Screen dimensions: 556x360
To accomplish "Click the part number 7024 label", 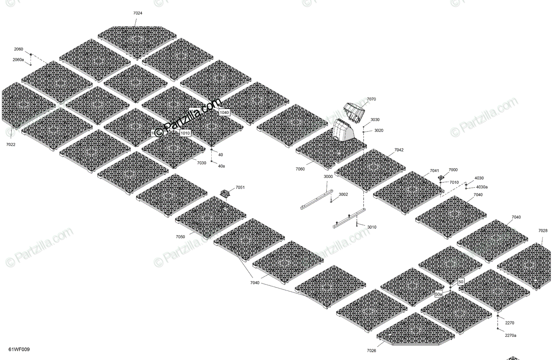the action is (138, 13).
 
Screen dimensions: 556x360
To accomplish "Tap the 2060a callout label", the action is (18, 60).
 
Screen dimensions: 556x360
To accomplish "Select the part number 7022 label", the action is (11, 145).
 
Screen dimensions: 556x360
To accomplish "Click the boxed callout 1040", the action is (224, 113).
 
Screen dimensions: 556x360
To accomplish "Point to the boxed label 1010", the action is (185, 133).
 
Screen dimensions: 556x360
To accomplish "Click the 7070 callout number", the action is (371, 99).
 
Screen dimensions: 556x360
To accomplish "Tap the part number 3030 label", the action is (375, 120).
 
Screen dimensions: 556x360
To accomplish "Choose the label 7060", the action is (300, 169).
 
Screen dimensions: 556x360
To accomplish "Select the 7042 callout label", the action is (399, 150).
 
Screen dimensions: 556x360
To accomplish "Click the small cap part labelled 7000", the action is (441, 177).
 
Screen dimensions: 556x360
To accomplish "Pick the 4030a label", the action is (482, 187).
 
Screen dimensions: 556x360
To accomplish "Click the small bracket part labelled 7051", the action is (226, 194).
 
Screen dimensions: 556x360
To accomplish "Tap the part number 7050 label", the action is (180, 237).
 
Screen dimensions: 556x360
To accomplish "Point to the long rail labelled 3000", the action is (315, 199).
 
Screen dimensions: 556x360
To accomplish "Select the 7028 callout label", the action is (543, 230).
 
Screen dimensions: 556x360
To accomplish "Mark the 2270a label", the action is (511, 335).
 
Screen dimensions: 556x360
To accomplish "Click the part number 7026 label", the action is (372, 350).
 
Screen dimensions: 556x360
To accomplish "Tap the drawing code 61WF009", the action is (19, 349).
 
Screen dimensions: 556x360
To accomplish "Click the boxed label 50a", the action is (438, 294).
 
